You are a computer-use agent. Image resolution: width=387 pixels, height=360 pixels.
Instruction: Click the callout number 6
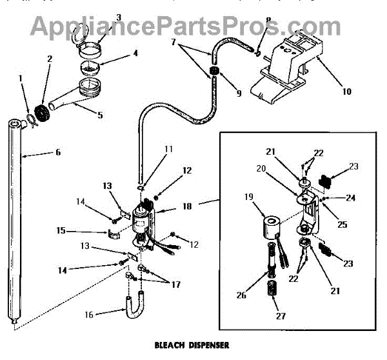pyautogui.click(x=57, y=153)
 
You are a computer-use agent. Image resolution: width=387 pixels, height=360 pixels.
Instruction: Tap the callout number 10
pyautogui.click(x=346, y=92)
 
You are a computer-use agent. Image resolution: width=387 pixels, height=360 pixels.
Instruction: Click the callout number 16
pyautogui.click(x=89, y=314)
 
